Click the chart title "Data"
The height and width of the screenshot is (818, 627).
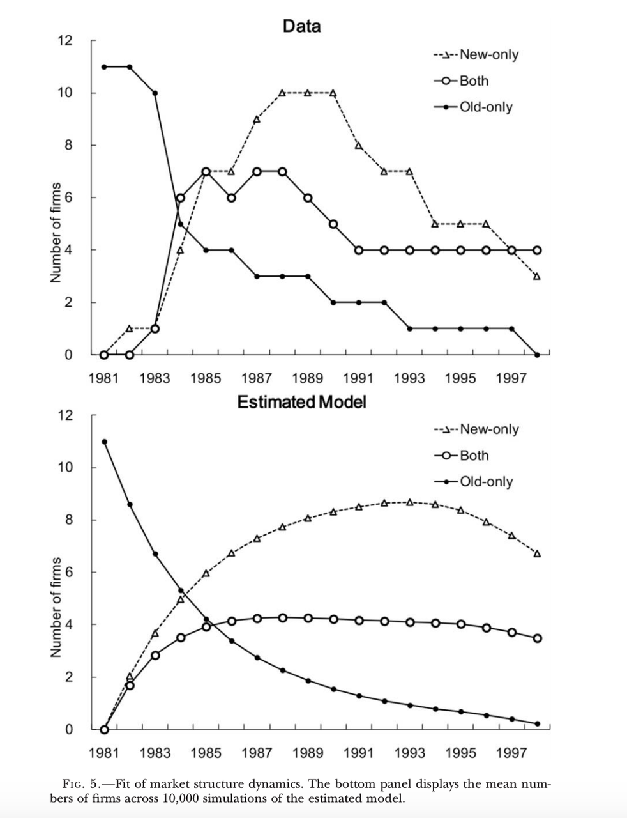tap(301, 26)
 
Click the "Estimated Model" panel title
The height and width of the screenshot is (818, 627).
tap(301, 402)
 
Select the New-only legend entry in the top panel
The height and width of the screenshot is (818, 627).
tap(476, 54)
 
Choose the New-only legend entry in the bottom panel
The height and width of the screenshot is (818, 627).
tap(476, 429)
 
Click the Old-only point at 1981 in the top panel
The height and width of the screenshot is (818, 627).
tap(104, 66)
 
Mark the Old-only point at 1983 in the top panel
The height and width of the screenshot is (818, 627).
tap(155, 93)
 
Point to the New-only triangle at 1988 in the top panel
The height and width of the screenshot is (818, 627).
tap(282, 93)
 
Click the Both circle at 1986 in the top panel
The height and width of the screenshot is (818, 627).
tap(231, 197)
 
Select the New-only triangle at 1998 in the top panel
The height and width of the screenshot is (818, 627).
tap(537, 276)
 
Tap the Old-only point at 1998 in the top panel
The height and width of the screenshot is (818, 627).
tap(537, 355)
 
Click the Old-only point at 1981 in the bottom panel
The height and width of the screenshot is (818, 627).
tap(104, 442)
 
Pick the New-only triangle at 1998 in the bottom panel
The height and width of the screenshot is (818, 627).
tap(537, 553)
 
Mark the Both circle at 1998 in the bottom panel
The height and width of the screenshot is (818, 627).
tap(537, 638)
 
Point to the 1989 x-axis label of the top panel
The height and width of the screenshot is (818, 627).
tap(307, 378)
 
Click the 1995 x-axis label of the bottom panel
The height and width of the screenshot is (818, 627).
tap(460, 752)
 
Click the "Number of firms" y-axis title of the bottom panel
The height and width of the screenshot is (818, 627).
tap(56, 607)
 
